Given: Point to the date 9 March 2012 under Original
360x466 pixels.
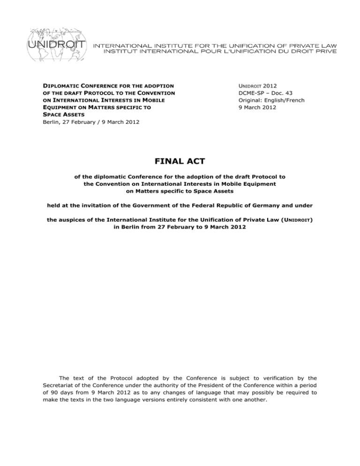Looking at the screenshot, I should (x=220, y=108).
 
